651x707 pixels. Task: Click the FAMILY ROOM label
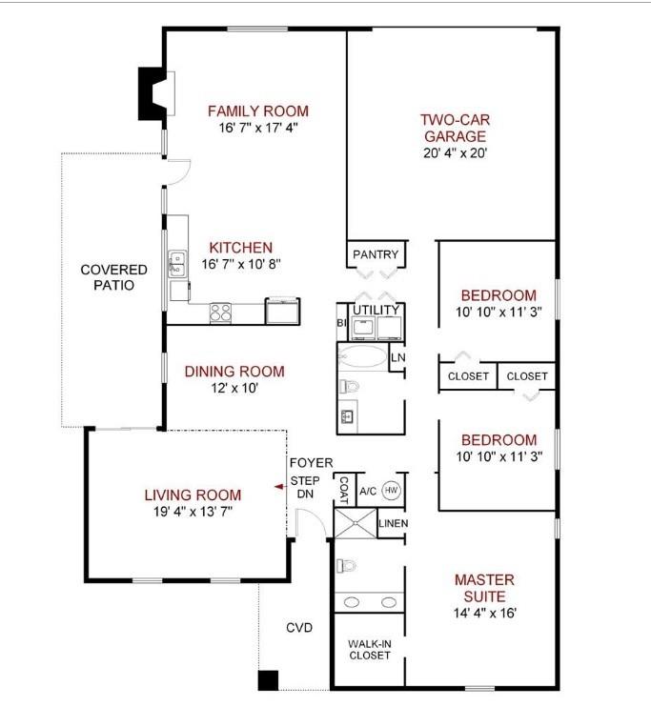(x=257, y=111)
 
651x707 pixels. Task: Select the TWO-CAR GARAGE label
(x=454, y=128)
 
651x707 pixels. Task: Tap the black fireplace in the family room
(x=153, y=93)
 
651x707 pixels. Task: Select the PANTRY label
(x=376, y=254)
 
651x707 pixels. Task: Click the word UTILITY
(x=375, y=311)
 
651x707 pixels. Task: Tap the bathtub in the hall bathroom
(x=361, y=357)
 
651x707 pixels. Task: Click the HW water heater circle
(x=391, y=491)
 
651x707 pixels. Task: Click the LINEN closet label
(x=392, y=523)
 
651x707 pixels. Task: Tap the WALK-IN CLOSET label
(x=369, y=649)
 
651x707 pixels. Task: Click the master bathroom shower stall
(x=354, y=524)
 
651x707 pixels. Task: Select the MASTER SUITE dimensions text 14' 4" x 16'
(x=484, y=613)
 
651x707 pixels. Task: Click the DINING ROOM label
(x=234, y=372)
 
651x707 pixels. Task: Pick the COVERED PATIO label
(x=113, y=277)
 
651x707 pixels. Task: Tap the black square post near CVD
(x=268, y=680)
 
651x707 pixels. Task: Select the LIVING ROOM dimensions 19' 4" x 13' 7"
(x=193, y=512)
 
